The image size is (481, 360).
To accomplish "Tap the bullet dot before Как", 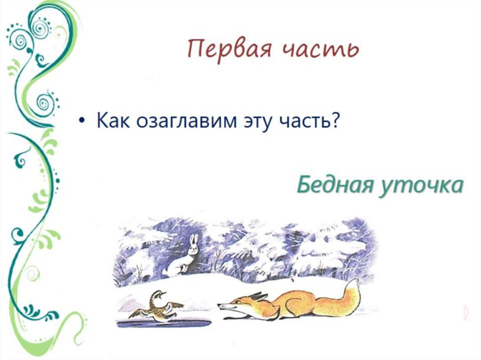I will click(82, 122).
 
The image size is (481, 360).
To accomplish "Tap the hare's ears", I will click(193, 240).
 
